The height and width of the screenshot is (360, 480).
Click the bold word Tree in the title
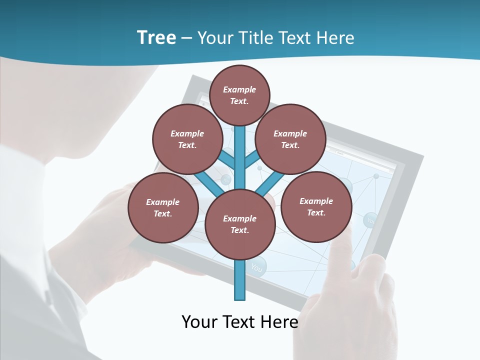coord(156,37)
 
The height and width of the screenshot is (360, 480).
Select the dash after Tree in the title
coord(186,38)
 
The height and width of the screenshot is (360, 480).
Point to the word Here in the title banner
coord(335,38)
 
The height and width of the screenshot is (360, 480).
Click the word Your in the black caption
coord(199,321)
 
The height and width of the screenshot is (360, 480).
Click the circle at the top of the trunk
coord(239,95)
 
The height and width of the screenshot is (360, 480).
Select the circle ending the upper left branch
coord(187,139)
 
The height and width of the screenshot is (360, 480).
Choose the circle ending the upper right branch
coord(290,139)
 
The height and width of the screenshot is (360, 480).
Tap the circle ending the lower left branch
coord(163,207)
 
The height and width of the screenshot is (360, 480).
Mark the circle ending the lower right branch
coord(316,206)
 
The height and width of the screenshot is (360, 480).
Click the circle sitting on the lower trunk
coord(240,224)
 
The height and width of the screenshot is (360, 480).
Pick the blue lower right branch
coord(270,182)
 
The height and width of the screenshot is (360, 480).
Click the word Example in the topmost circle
coord(239,89)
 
